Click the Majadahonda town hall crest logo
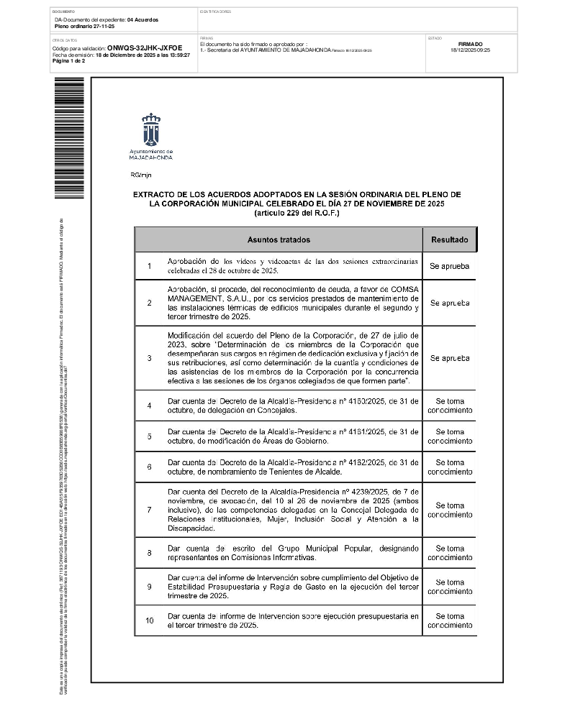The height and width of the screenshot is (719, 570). pos(150,130)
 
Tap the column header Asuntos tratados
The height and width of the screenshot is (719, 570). pos(279,240)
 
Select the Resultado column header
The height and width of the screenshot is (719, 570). pos(449,240)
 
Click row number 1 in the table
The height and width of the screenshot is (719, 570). pos(149,267)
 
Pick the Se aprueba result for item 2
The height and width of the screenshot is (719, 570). pos(449,303)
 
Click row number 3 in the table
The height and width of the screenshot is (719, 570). pos(149,358)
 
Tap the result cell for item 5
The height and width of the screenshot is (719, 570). pos(449,436)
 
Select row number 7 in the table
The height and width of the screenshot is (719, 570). pos(149,510)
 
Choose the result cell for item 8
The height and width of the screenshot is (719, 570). pos(449,553)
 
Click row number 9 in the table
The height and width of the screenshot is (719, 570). pos(149,587)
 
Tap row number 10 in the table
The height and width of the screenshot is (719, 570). pos(149,620)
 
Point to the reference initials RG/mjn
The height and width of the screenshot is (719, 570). pos(141,175)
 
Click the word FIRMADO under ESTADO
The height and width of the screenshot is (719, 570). pos(470,44)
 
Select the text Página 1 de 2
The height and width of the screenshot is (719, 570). pos(69,61)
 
